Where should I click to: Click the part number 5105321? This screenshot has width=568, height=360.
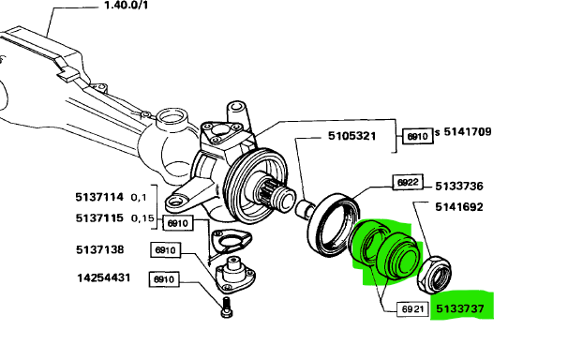[351, 136]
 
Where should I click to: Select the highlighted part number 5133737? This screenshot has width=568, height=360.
[460, 308]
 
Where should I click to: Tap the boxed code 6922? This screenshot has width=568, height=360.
[408, 182]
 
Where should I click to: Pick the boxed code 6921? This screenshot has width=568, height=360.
[412, 309]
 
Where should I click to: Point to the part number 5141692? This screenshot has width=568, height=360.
[459, 207]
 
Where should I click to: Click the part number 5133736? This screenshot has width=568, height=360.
[459, 187]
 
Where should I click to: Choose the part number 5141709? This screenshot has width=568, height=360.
[468, 131]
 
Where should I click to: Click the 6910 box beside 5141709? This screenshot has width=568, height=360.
[418, 136]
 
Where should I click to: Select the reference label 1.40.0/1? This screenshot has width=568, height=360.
[126, 6]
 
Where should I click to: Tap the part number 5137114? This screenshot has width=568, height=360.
[99, 197]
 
